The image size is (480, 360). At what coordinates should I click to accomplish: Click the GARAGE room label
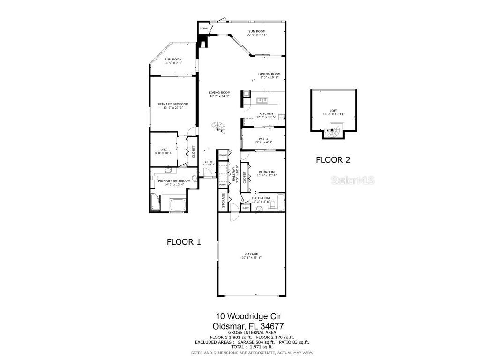tap(250, 254)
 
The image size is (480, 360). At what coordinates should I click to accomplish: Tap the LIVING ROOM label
tap(219, 93)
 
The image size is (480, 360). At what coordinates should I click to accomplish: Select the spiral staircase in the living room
tap(218, 127)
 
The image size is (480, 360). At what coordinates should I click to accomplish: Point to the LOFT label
tap(333, 111)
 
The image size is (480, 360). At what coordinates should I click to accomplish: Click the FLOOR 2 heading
tap(333, 159)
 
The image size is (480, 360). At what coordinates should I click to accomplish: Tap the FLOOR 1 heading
tap(184, 242)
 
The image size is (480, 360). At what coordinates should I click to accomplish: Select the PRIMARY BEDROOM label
tap(173, 104)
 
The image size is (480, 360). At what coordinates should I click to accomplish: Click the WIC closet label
tap(164, 150)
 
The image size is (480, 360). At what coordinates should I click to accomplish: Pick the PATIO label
tap(263, 139)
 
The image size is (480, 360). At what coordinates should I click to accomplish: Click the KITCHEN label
tap(266, 113)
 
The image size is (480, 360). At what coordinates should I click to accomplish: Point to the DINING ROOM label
tap(269, 74)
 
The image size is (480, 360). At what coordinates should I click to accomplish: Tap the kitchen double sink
tap(262, 99)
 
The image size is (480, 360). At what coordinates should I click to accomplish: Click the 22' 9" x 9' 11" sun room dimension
tap(256, 35)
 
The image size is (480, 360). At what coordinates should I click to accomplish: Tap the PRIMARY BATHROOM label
tap(174, 181)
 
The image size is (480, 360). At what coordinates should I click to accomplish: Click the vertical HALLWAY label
tap(233, 174)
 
